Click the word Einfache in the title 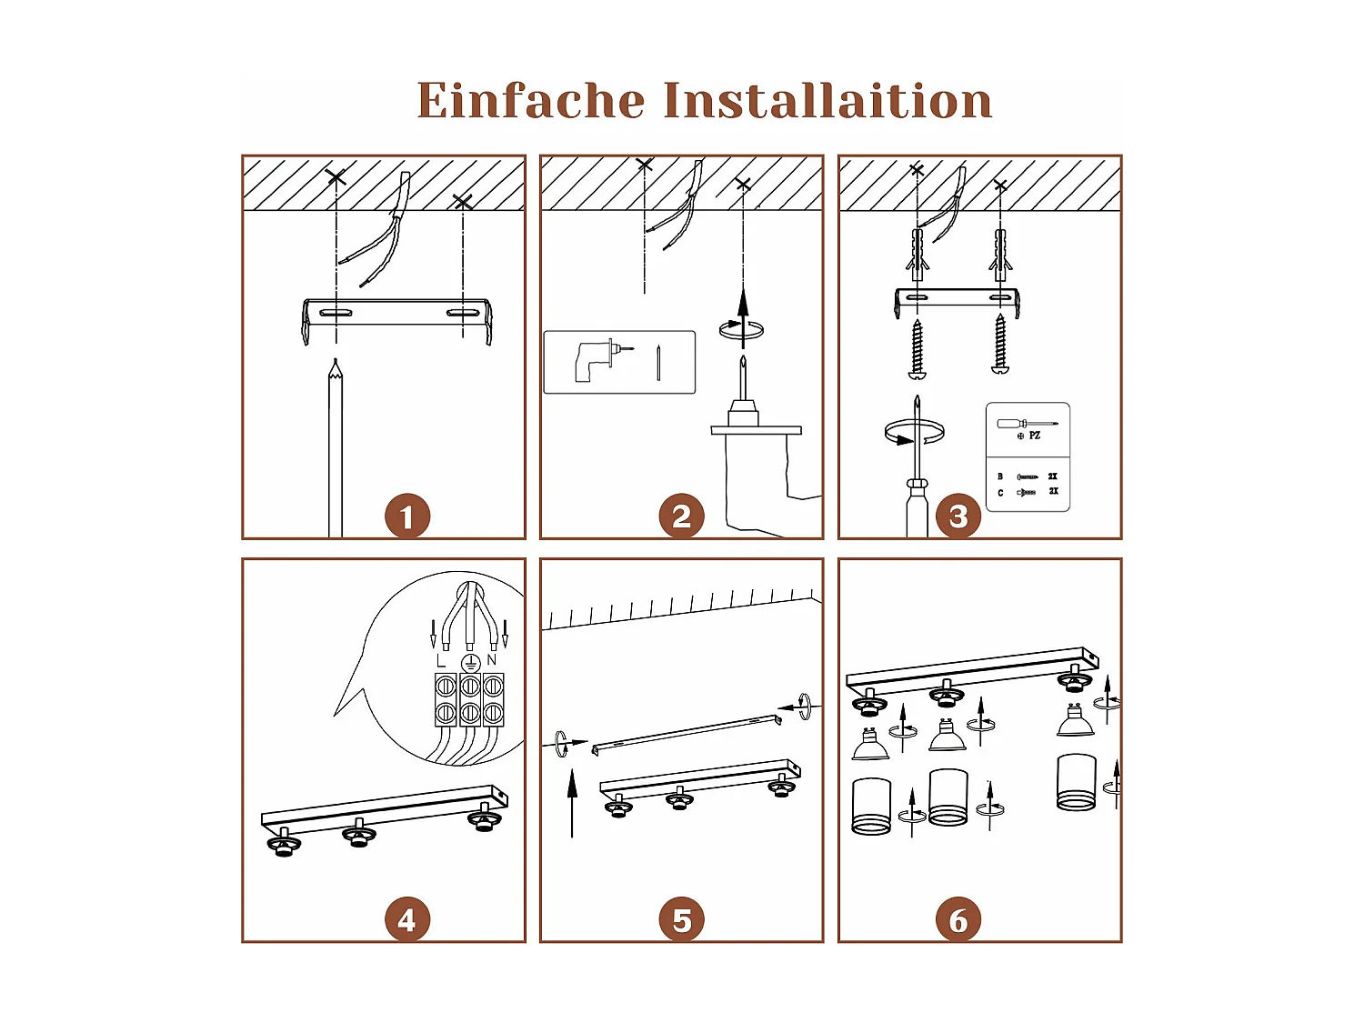[530, 100]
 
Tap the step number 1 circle [406, 517]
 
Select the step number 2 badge [681, 517]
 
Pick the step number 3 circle [958, 517]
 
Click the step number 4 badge [406, 920]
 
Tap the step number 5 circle [681, 920]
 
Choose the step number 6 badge [958, 920]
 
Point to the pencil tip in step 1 [336, 365]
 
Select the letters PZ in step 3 [1035, 436]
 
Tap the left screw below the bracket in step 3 [918, 348]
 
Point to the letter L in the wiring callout [442, 661]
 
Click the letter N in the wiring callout [492, 661]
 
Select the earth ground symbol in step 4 [469, 662]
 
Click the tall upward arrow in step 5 [572, 800]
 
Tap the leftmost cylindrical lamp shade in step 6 [871, 806]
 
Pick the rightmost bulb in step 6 [1075, 721]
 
